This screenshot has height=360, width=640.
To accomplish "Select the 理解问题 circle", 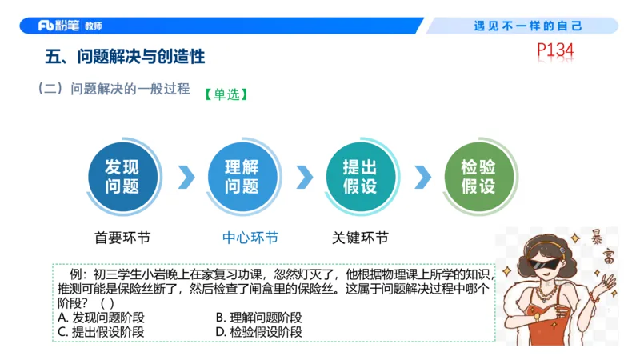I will click(241, 177).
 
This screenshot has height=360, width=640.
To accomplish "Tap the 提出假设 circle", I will click(359, 177).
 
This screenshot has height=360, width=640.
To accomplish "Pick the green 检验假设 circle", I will click(478, 177).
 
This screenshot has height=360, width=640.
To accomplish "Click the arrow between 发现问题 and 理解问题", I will click(186, 177).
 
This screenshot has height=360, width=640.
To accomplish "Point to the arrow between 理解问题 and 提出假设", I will click(304, 177).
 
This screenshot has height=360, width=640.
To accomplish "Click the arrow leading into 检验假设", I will click(422, 177).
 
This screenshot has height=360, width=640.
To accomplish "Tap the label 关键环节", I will click(360, 238).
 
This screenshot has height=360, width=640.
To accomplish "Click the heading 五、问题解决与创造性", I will click(126, 57).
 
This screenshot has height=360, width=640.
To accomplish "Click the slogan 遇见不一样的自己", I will click(528, 26).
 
